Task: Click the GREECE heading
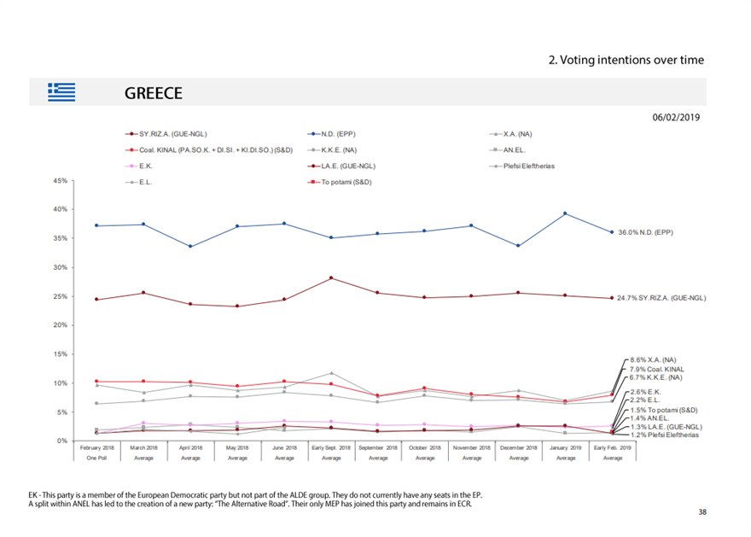154,93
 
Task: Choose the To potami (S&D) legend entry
346,182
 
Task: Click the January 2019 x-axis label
566,447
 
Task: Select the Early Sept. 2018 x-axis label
331,447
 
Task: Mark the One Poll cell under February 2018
96,458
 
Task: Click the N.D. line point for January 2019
565,213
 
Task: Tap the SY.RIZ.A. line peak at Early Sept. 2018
331,277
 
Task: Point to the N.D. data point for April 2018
190,247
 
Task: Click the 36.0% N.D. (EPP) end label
645,231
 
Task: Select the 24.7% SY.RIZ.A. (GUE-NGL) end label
661,298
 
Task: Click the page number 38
702,511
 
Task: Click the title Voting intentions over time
626,60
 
